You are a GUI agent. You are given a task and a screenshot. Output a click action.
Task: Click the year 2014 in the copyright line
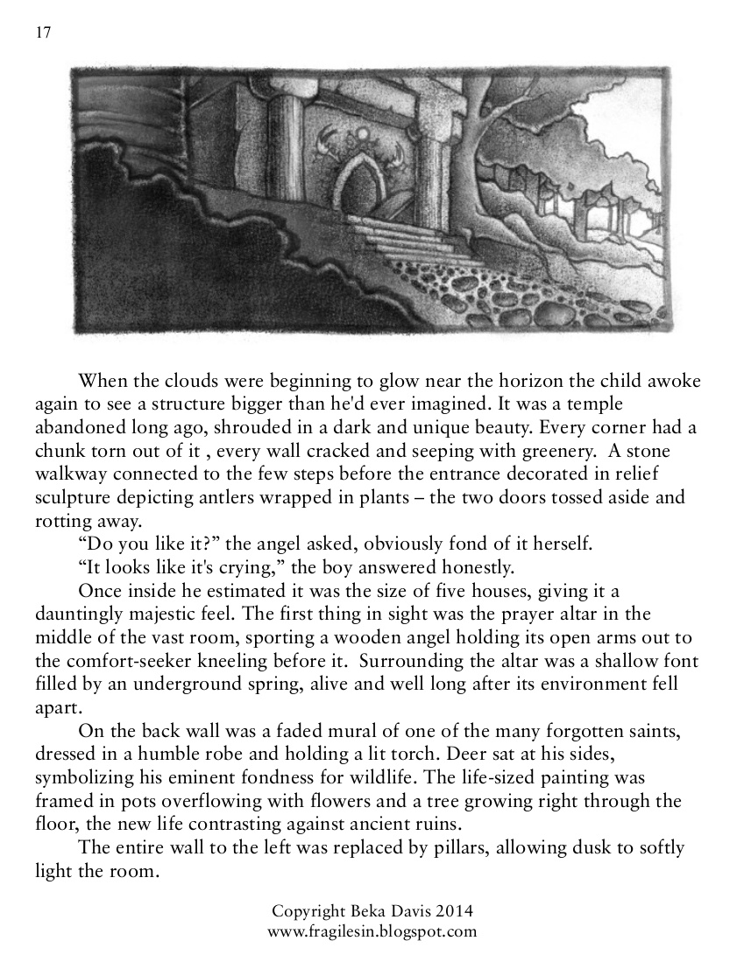[x=454, y=911]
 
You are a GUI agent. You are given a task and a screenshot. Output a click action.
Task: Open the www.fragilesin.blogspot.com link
[x=372, y=930]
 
